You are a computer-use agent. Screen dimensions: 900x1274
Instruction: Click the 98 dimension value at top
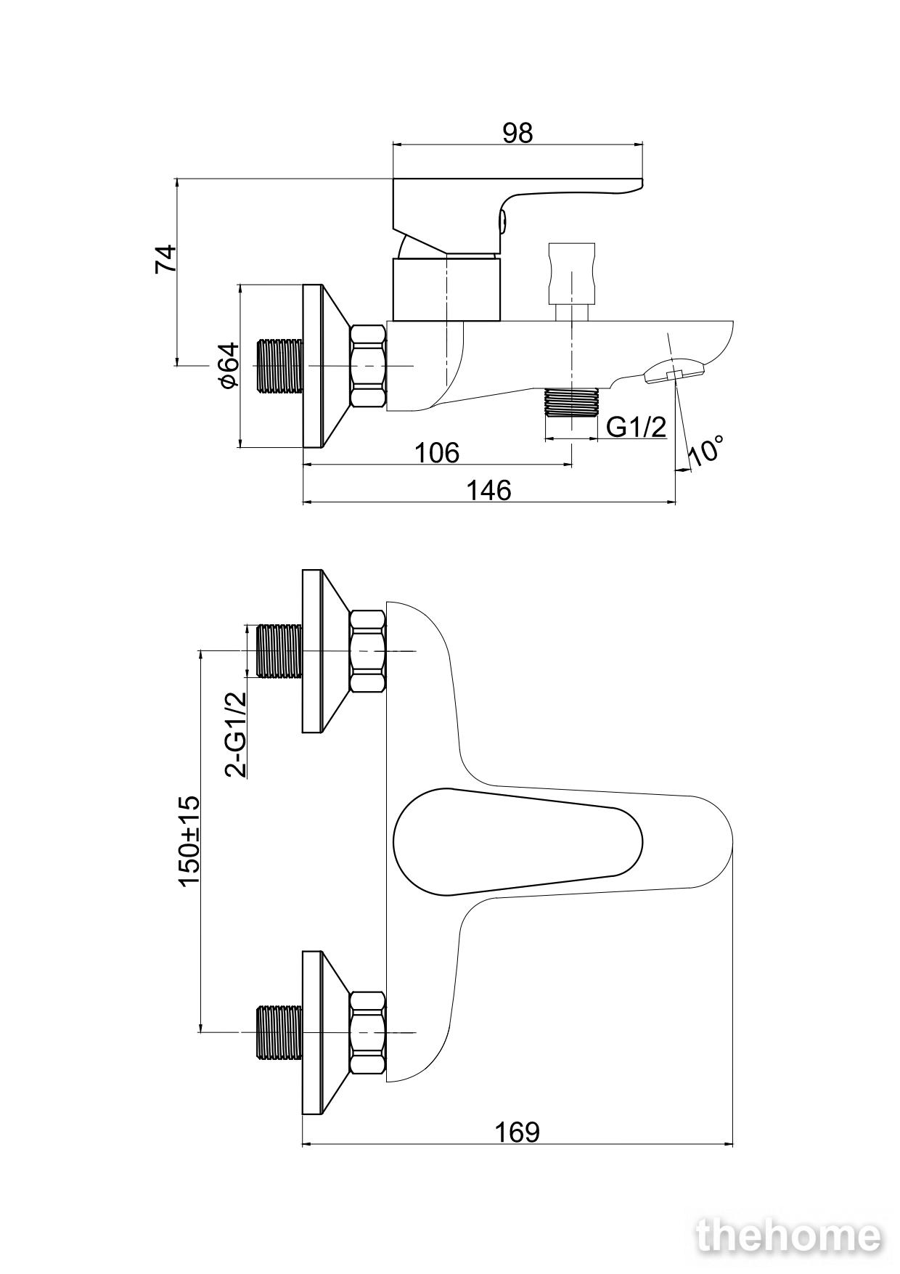pyautogui.click(x=517, y=133)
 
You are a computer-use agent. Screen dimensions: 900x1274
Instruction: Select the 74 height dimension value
pyautogui.click(x=165, y=259)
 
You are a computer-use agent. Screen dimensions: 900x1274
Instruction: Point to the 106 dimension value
pyautogui.click(x=437, y=452)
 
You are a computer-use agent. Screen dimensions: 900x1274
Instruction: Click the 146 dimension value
pyautogui.click(x=488, y=490)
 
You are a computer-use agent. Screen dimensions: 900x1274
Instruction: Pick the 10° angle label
pyautogui.click(x=705, y=450)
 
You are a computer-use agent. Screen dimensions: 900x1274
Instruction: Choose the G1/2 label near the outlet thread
pyautogui.click(x=636, y=427)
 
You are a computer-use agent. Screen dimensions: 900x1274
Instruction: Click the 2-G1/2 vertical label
pyautogui.click(x=236, y=734)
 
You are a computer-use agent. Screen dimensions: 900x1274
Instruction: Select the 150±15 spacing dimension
pyautogui.click(x=189, y=841)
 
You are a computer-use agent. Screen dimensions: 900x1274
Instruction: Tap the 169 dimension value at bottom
pyautogui.click(x=517, y=1132)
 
